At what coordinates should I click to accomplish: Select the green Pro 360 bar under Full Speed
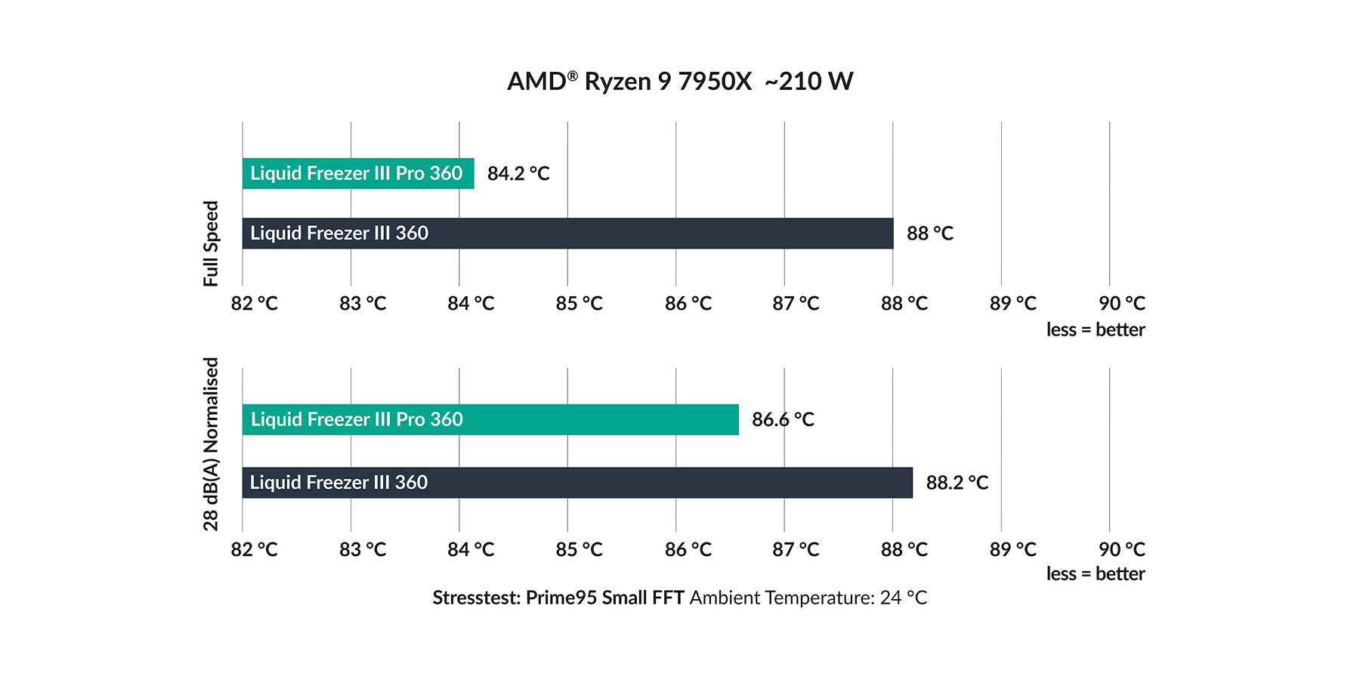click(x=357, y=174)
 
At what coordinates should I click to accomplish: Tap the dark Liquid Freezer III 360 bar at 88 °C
click(x=567, y=233)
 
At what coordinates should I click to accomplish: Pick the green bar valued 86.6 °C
click(x=490, y=420)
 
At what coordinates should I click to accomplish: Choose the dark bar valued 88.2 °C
click(x=576, y=483)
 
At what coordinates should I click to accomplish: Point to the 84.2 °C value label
click(x=518, y=174)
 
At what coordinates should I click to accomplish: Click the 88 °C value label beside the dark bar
click(x=930, y=233)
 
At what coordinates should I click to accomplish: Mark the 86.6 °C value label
click(x=783, y=420)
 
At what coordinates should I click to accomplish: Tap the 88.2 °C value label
click(x=957, y=483)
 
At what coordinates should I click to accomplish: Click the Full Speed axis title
click(x=211, y=243)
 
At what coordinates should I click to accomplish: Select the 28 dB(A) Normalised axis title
click(x=211, y=444)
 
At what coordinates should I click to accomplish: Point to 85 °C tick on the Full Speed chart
click(x=580, y=304)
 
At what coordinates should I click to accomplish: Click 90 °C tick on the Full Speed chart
click(x=1122, y=304)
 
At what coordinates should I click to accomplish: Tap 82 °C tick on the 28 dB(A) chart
click(x=255, y=550)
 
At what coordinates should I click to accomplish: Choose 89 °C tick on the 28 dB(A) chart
click(x=1013, y=550)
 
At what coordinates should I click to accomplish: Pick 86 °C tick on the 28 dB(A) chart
click(x=688, y=550)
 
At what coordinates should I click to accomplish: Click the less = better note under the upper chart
click(x=1096, y=330)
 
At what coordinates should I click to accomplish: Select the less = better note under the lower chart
click(x=1096, y=574)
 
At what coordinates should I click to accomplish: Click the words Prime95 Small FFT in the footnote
click(x=604, y=598)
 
